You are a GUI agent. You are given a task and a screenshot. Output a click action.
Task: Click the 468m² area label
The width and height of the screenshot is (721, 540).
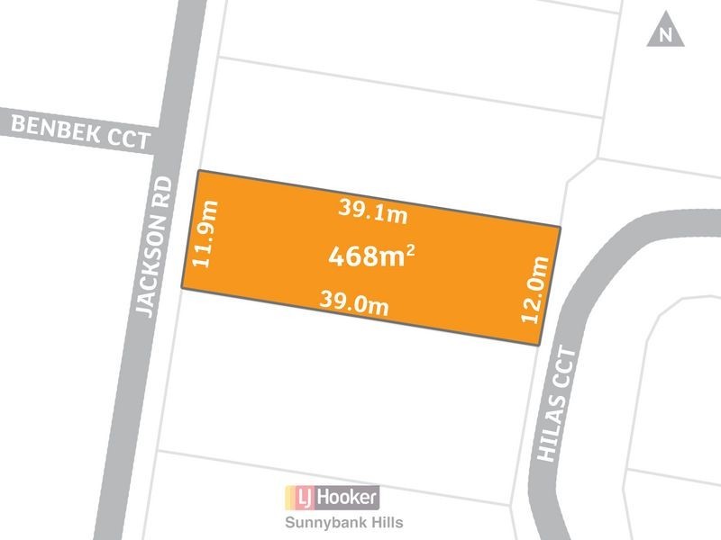tap(370, 257)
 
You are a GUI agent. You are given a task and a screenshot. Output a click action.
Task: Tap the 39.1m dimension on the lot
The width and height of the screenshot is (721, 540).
tap(373, 211)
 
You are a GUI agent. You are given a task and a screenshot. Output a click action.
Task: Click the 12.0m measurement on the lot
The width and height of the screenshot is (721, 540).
tap(535, 289)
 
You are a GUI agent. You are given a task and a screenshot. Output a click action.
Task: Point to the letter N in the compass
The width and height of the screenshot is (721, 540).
tap(666, 37)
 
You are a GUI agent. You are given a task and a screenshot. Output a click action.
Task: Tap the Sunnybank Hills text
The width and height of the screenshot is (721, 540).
tap(331, 522)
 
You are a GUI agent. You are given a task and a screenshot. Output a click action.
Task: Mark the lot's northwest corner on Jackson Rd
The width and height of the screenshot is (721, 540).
tap(198, 170)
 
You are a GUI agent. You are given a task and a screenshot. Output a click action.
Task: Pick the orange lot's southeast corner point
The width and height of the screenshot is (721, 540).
tap(539, 346)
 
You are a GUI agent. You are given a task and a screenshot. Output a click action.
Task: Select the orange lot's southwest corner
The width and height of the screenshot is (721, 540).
tap(183, 289)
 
